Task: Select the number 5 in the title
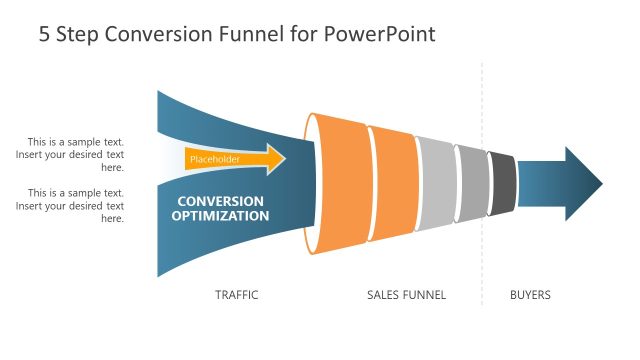(45, 34)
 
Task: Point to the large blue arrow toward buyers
(560, 184)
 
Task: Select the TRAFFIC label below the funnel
(237, 295)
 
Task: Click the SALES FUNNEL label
(406, 295)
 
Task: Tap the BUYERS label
(530, 295)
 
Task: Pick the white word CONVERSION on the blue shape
(220, 200)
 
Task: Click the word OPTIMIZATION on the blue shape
(220, 215)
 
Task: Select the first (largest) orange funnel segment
(341, 184)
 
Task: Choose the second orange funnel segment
(393, 184)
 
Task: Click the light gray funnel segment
(436, 184)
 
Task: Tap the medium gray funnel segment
(471, 184)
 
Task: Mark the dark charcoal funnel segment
(503, 184)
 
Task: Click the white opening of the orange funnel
(310, 184)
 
